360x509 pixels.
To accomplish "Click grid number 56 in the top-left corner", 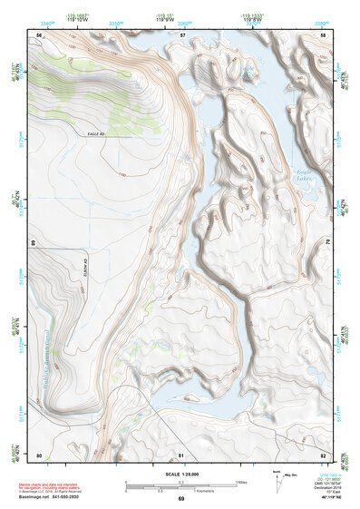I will point(39,34).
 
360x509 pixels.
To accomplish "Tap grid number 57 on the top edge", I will point(182,34).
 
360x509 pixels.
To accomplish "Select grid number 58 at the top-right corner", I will point(324,34).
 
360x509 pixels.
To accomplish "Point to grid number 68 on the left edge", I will point(33,243).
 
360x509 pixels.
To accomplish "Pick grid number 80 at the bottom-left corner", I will point(39,454).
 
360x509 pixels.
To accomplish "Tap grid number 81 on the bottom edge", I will point(181,454).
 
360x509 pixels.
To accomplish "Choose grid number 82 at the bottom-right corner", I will point(324,454).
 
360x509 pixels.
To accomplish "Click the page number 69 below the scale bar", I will point(180,498).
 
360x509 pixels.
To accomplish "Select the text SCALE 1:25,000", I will point(180,475).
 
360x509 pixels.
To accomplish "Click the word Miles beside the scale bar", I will point(242,480).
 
